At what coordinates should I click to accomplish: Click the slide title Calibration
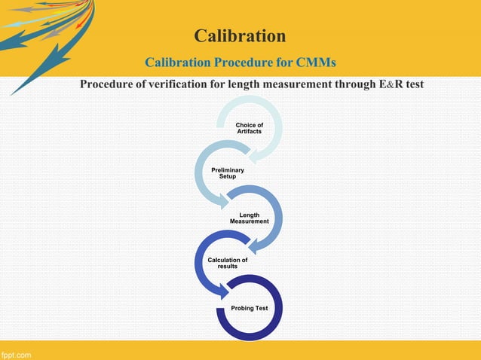[x=240, y=35]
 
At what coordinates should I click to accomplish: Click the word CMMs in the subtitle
[x=315, y=61]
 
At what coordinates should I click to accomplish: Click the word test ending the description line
[x=415, y=84]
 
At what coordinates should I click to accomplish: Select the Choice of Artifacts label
[x=249, y=129]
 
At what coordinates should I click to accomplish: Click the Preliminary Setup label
[x=227, y=173]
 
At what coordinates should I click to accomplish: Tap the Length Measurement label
[x=249, y=218]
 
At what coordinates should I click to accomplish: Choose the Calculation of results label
[x=227, y=263]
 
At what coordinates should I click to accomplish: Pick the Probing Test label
[x=249, y=308]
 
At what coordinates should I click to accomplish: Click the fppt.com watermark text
[x=16, y=353]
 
